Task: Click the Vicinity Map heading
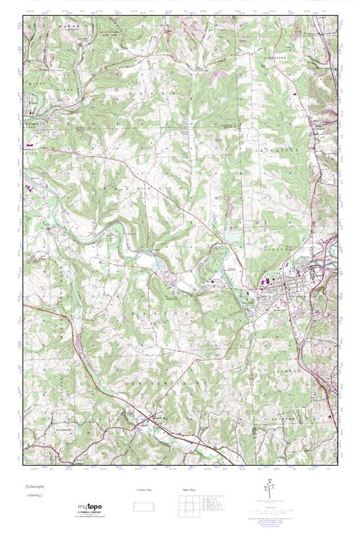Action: point(145,490)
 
